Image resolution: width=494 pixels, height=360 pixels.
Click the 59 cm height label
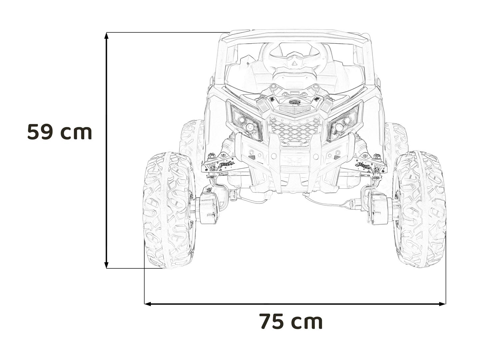pos(60,132)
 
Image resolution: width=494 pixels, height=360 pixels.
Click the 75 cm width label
pos(291,321)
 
